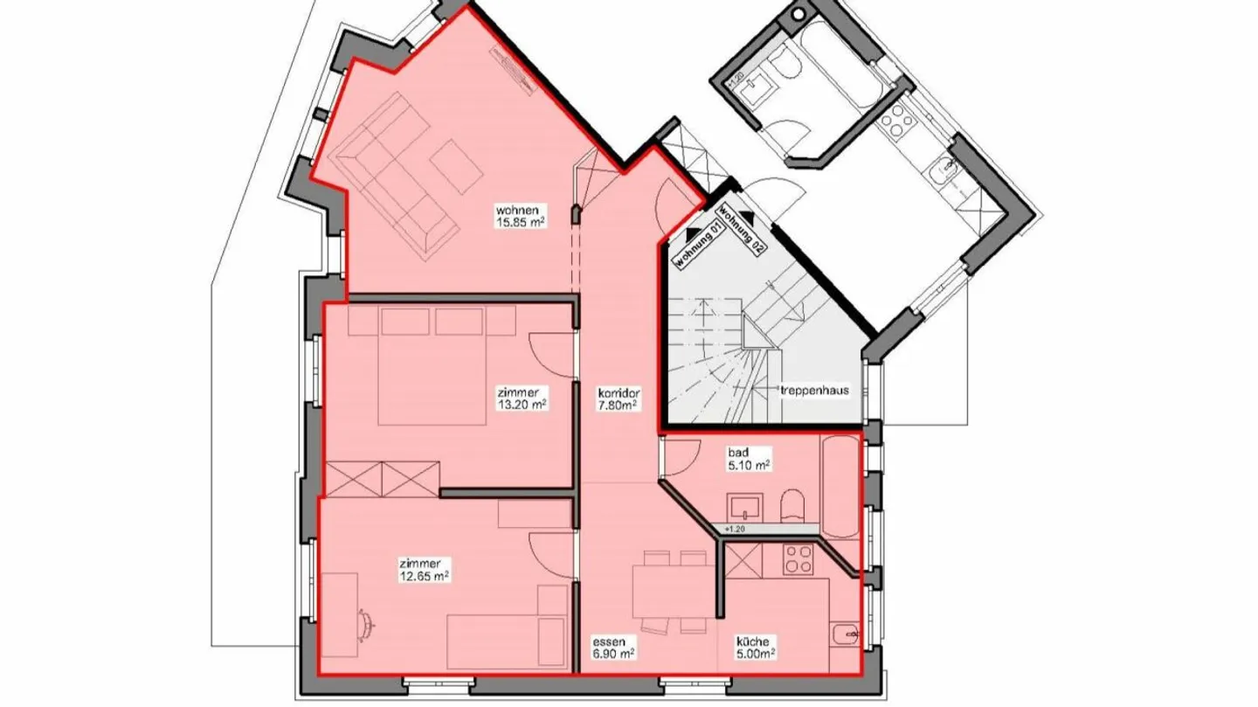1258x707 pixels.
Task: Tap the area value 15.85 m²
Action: (x=521, y=223)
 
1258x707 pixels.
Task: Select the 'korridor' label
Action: (x=619, y=393)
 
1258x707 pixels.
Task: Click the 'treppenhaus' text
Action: (x=812, y=391)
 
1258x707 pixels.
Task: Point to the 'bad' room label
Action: (x=738, y=454)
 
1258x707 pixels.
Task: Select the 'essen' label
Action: (x=606, y=640)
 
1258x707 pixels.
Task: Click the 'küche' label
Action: (x=750, y=640)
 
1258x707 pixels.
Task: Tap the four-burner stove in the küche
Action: (x=797, y=558)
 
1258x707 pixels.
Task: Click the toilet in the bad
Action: (x=793, y=507)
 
